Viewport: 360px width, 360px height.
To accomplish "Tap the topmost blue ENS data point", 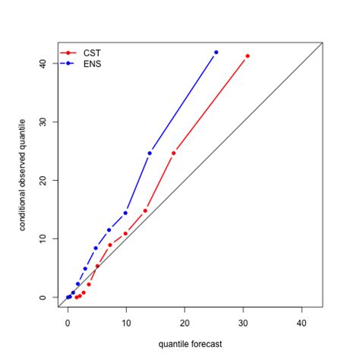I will pyautogui.click(x=216, y=52).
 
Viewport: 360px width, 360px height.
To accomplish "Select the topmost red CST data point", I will pyautogui.click(x=248, y=56).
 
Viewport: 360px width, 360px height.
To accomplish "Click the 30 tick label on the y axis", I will pyautogui.click(x=43, y=122).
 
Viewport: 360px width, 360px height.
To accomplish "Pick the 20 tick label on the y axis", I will pyautogui.click(x=43, y=181).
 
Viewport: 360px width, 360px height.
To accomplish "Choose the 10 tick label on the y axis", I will pyautogui.click(x=43, y=238).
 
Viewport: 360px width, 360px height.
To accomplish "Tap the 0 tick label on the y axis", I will pyautogui.click(x=43, y=297).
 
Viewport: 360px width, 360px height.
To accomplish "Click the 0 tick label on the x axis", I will pyautogui.click(x=68, y=322).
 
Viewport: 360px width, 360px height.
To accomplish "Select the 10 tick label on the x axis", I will pyautogui.click(x=126, y=322).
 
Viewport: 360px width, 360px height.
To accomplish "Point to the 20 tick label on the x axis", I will pyautogui.click(x=185, y=322).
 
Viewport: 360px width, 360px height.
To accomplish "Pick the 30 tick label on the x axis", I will pyautogui.click(x=243, y=322).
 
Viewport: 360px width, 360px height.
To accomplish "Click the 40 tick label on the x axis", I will pyautogui.click(x=302, y=322).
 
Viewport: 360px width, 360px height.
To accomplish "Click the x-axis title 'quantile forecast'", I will pyautogui.click(x=191, y=344).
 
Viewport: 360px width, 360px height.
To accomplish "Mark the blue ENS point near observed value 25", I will pyautogui.click(x=150, y=153).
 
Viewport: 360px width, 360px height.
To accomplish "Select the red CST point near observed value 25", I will pyautogui.click(x=174, y=153).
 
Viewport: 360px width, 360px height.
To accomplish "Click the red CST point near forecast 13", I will pyautogui.click(x=145, y=210).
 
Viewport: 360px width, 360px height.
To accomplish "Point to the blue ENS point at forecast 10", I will pyautogui.click(x=125, y=213).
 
